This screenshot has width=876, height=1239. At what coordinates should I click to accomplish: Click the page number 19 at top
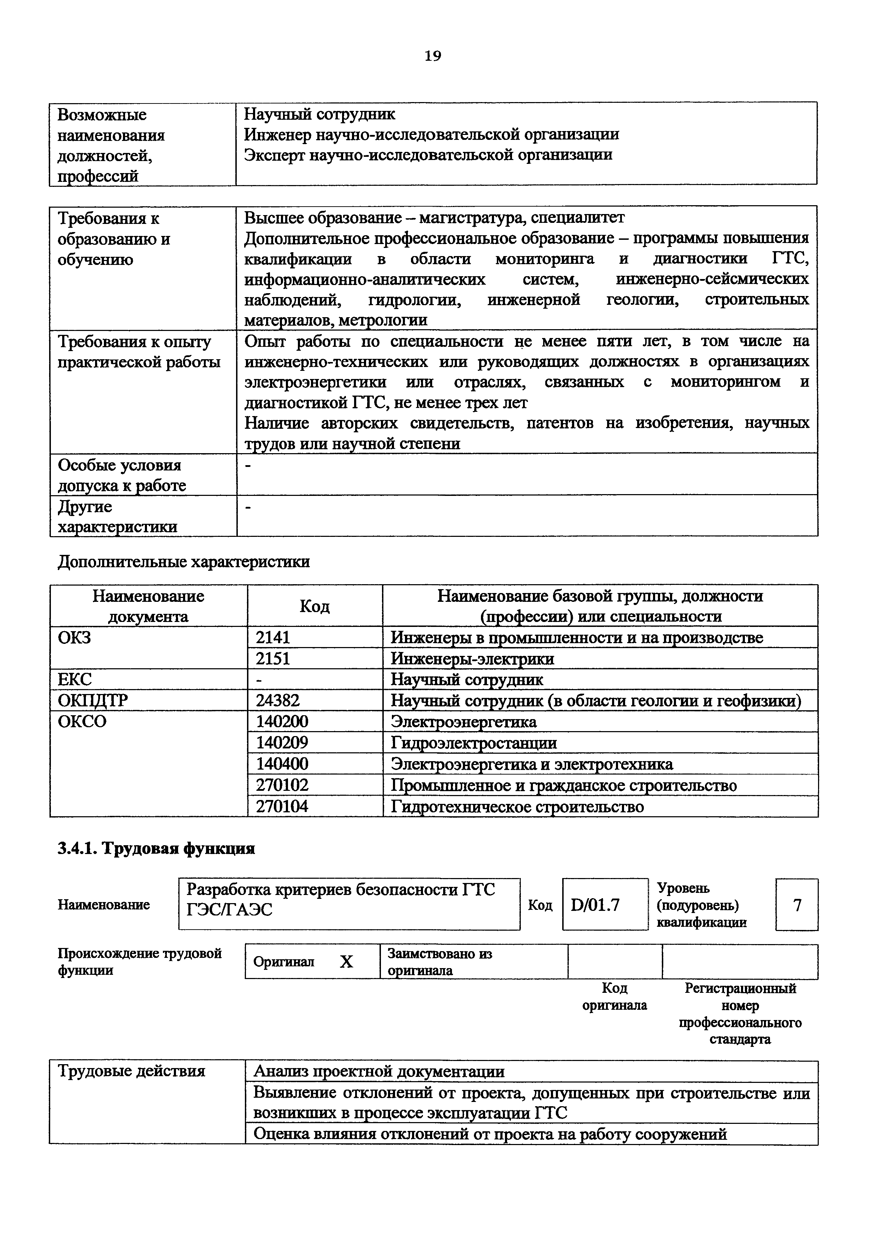pos(433,56)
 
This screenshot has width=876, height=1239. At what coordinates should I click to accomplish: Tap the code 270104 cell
pos(282,806)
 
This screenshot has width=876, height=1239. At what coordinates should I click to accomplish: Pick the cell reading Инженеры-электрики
pos(472,659)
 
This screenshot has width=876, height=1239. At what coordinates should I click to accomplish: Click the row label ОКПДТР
pos(93,700)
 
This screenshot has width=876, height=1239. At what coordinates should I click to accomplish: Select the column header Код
pos(314,606)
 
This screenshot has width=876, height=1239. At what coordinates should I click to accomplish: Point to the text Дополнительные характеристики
pos(183,562)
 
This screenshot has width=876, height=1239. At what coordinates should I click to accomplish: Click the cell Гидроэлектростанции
pos(474,743)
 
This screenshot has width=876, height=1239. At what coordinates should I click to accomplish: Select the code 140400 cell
pos(282,764)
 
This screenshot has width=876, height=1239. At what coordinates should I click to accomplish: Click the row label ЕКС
pos(75,680)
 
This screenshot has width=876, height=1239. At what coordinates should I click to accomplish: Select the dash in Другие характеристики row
pos(248,507)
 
